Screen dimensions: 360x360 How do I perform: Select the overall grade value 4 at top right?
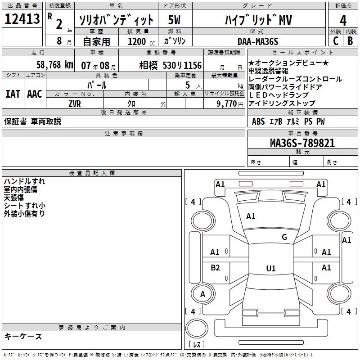[343, 20]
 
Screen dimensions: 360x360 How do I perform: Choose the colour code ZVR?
[75, 103]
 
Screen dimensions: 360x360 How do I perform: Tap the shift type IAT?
[13, 94]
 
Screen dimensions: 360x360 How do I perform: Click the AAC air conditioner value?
[34, 94]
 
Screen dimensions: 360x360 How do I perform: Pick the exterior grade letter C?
[335, 41]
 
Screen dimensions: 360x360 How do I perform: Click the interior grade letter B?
[350, 41]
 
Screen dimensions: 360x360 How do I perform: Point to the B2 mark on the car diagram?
[216, 268]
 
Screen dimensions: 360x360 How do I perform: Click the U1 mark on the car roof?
[270, 269]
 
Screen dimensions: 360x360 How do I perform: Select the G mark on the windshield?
[284, 237]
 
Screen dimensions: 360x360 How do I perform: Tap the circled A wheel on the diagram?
[202, 294]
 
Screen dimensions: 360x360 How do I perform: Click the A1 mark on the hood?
[251, 216]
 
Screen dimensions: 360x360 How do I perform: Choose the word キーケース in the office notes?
[23, 337]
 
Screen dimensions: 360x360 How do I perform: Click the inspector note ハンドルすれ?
[24, 181]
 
